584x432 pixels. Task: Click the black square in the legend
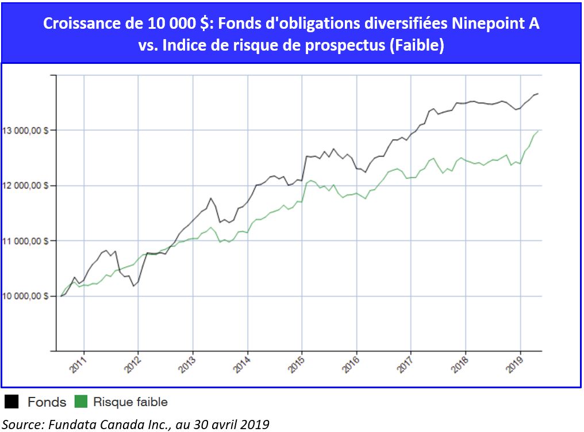(x=11, y=402)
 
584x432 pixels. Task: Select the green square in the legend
(x=81, y=402)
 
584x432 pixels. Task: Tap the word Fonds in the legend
(x=46, y=402)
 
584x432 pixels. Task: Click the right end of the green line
(x=538, y=131)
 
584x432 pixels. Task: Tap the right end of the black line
(x=538, y=94)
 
